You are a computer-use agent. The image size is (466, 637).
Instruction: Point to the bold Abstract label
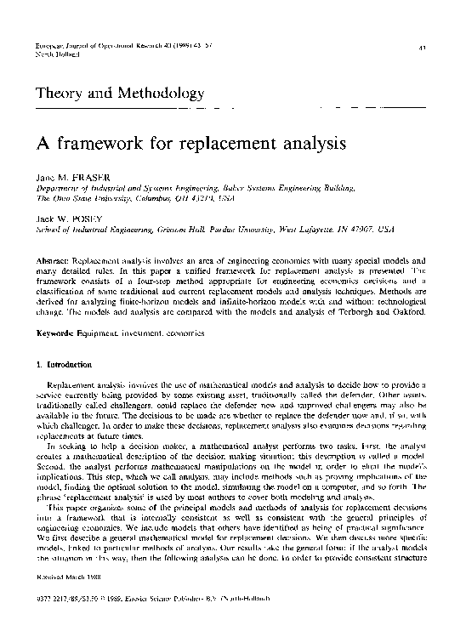54,257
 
